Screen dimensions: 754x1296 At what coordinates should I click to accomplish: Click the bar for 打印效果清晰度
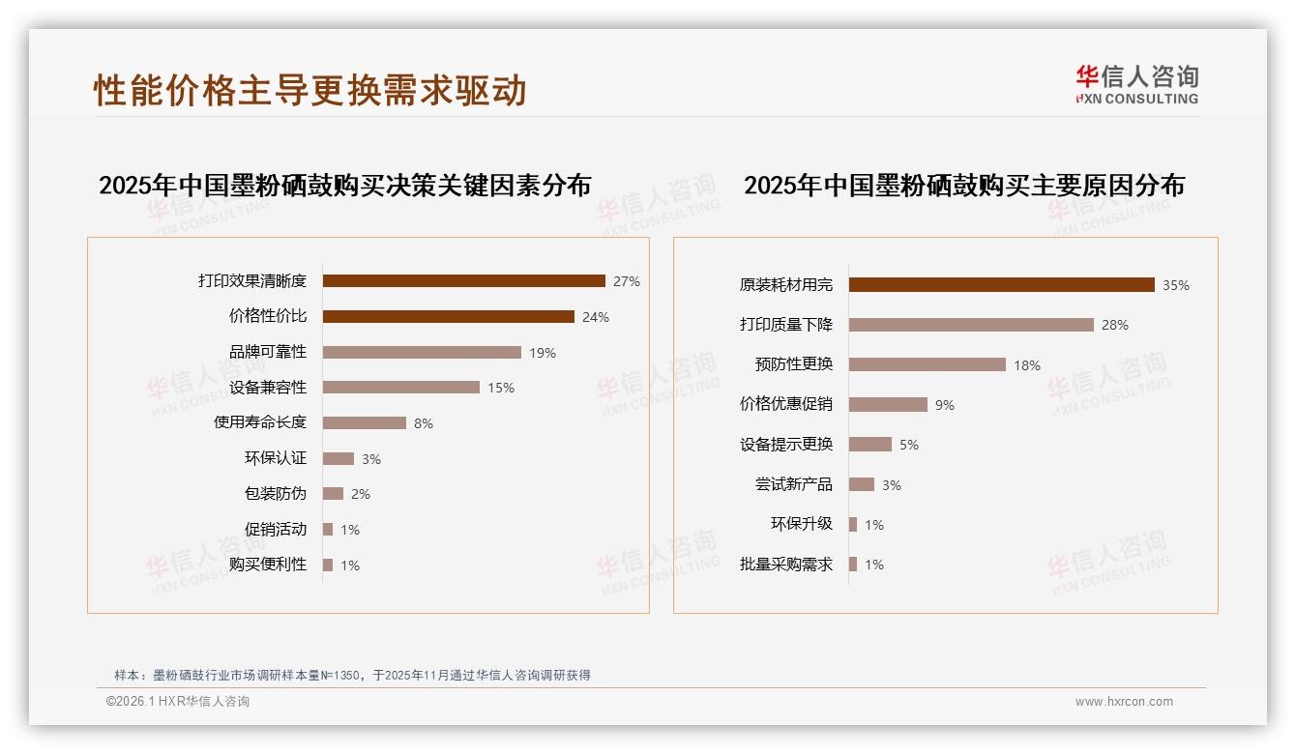point(463,281)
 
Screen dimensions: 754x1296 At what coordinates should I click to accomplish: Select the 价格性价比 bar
point(448,317)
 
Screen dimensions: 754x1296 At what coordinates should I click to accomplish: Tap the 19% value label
point(543,353)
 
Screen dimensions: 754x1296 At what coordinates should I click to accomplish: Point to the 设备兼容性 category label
point(268,388)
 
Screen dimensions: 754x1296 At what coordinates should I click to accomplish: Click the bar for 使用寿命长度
point(364,423)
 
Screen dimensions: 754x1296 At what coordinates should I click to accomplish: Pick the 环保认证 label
point(276,458)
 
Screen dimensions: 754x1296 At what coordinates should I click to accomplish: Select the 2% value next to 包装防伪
point(361,494)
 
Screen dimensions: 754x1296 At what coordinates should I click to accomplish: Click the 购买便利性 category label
point(268,565)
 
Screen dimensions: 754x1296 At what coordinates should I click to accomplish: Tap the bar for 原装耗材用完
point(1001,285)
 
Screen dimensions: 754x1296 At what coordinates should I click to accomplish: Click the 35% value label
point(1176,285)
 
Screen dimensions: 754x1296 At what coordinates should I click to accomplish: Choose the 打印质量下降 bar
point(971,325)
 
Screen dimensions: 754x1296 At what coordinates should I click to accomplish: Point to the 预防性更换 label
point(794,364)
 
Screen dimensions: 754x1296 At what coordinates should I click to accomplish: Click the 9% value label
point(945,405)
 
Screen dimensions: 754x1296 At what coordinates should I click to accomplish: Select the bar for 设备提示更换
point(870,445)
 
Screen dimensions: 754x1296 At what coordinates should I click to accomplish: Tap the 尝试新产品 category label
point(794,484)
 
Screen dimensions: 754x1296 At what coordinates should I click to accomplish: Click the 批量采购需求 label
point(786,565)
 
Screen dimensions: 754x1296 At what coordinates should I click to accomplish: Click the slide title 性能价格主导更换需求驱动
point(309,90)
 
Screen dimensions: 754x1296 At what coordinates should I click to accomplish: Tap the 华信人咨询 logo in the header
point(1136,85)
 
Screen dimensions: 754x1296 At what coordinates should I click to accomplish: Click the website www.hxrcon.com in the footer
point(1124,702)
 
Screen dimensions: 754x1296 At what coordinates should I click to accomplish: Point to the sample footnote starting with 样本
point(352,675)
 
